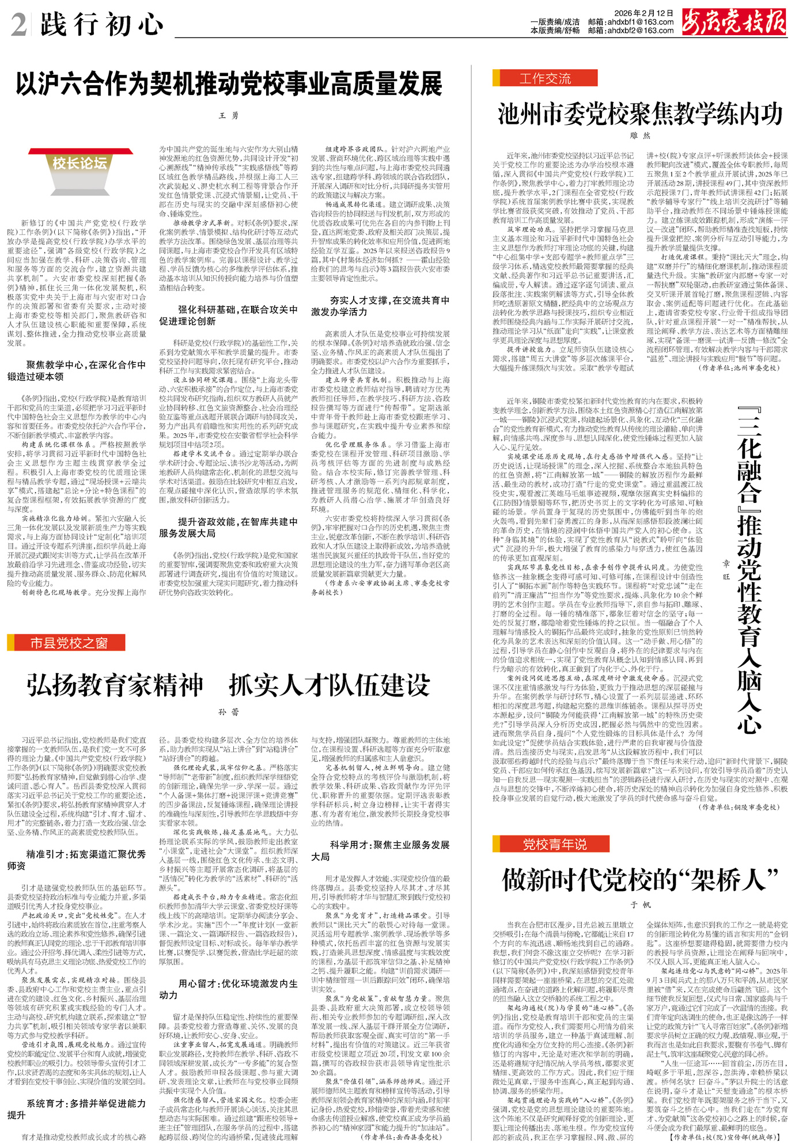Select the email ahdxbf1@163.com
(x=639, y=22)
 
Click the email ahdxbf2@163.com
(x=639, y=31)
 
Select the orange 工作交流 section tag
(x=544, y=78)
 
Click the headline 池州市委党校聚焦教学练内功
(x=640, y=114)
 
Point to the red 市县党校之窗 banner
(x=66, y=643)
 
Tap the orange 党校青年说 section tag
(x=551, y=844)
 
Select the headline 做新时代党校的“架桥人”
(x=639, y=880)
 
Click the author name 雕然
(x=639, y=136)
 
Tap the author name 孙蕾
(x=229, y=712)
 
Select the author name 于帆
(x=639, y=905)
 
